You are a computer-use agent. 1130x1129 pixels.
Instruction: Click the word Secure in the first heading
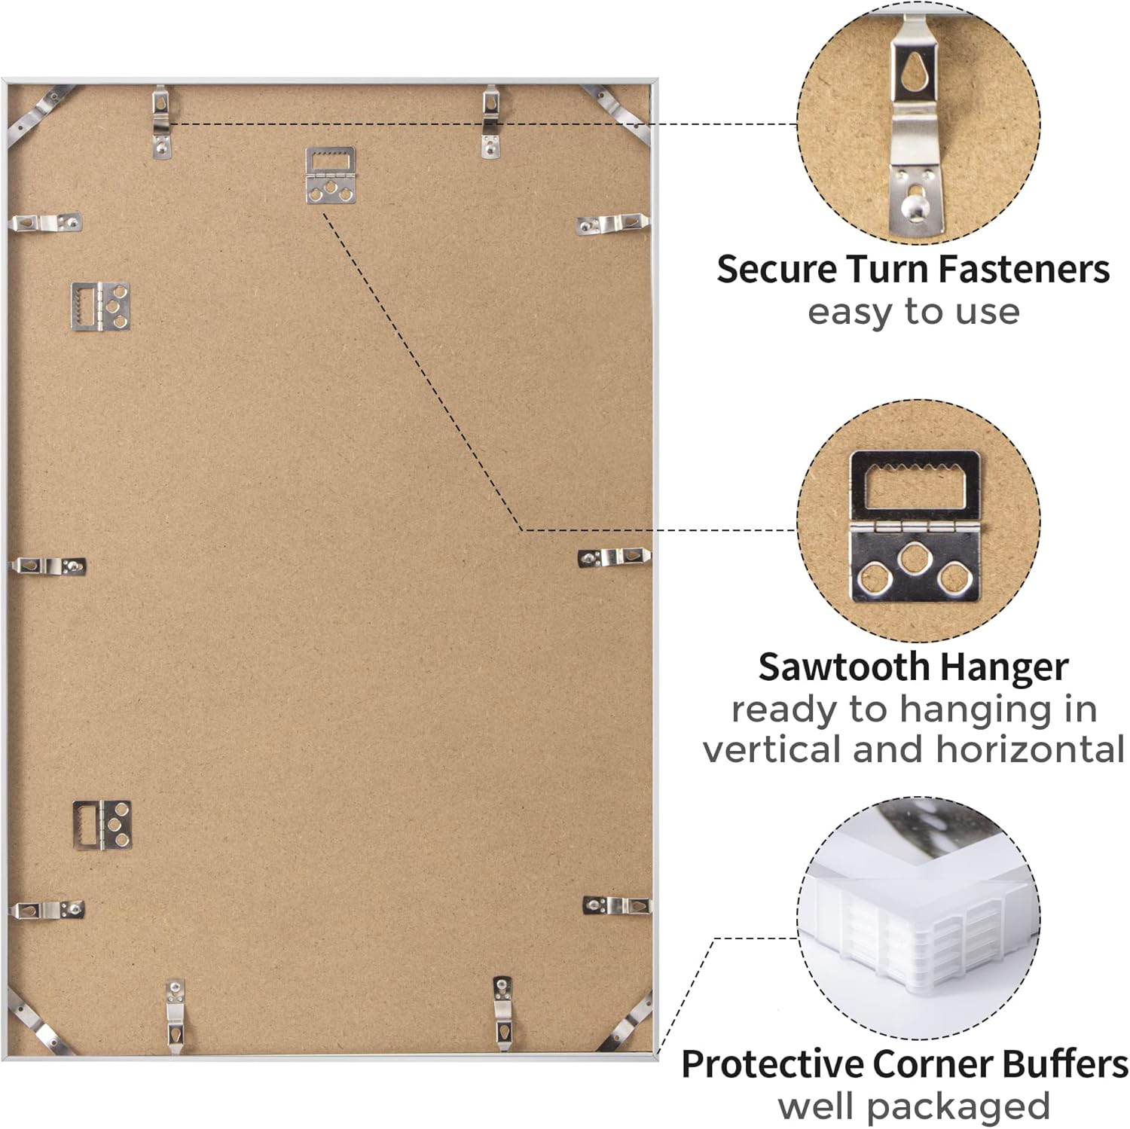[777, 269]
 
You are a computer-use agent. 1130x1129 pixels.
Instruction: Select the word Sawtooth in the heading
[844, 667]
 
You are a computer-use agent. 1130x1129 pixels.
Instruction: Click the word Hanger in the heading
[1004, 668]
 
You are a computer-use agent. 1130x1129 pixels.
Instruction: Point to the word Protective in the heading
[773, 1064]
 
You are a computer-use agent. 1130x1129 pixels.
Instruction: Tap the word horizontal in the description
[1031, 749]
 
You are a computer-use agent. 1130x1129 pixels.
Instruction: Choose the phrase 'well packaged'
[914, 1107]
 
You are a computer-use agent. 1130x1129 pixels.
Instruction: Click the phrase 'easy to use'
[914, 312]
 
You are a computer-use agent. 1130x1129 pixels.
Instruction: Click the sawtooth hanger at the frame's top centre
[330, 175]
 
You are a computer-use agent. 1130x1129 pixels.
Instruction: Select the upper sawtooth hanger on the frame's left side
[101, 306]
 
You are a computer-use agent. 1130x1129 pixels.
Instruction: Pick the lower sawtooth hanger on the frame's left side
[102, 825]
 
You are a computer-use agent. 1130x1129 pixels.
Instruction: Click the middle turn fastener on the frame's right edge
[614, 557]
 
